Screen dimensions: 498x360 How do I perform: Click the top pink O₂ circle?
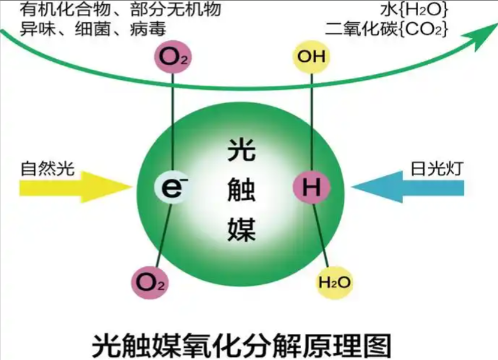173,57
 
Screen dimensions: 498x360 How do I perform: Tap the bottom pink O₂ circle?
150,282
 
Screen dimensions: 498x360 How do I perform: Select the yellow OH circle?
311,57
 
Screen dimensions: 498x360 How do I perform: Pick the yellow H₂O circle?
334,282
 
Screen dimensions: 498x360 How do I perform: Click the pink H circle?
312,186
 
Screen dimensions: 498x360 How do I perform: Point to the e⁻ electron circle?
173,187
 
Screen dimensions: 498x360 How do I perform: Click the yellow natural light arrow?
76,187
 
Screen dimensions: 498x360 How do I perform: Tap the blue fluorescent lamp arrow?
408,187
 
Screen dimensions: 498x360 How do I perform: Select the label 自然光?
48,168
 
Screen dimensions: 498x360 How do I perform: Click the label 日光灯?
437,168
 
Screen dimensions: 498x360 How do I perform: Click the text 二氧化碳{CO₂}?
387,29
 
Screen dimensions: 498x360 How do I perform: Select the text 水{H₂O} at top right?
414,9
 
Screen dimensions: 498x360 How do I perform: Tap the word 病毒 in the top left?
148,29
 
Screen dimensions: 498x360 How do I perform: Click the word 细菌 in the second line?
93,29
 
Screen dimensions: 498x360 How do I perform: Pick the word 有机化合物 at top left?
65,9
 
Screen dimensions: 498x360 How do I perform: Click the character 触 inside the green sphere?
241,190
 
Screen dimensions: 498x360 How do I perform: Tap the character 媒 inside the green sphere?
241,228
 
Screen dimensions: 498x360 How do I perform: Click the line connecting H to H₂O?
321,235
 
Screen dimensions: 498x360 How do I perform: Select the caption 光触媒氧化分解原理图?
241,345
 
